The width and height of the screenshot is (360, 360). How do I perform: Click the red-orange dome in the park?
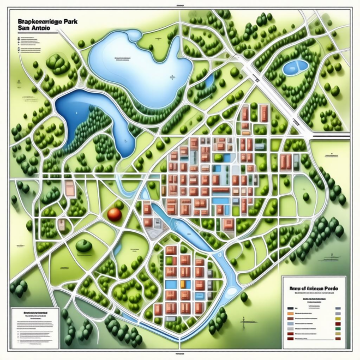115,213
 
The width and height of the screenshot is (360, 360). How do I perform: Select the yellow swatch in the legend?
339,315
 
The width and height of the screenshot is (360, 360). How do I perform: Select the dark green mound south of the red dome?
83,245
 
